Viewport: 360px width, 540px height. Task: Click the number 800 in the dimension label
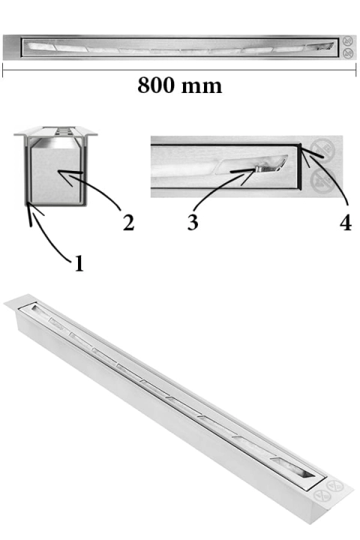157,85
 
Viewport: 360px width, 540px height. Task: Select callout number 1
79,263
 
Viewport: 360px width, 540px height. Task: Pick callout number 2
128,223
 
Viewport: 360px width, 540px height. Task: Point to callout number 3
193,222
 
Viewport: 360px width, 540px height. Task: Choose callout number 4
346,222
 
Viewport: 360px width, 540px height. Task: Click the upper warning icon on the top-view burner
348,41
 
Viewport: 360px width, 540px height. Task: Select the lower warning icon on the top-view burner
348,53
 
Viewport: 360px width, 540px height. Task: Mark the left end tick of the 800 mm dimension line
3,71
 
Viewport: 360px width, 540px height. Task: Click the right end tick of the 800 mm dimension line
355,70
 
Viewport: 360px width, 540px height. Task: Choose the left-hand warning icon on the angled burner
322,496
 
